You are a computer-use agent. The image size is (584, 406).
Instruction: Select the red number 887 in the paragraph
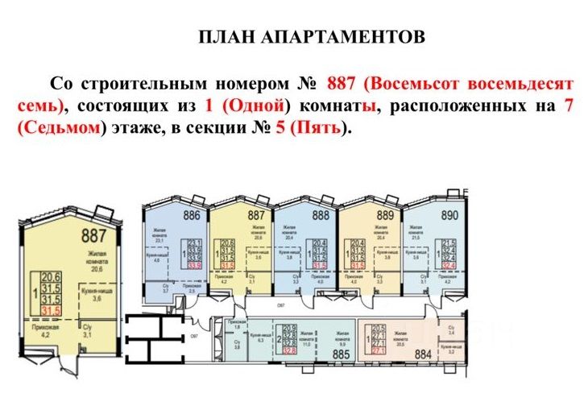click(342, 83)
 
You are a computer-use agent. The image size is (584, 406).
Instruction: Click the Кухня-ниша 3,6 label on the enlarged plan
click(97, 294)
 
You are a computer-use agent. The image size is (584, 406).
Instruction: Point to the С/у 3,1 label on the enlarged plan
click(89, 330)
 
